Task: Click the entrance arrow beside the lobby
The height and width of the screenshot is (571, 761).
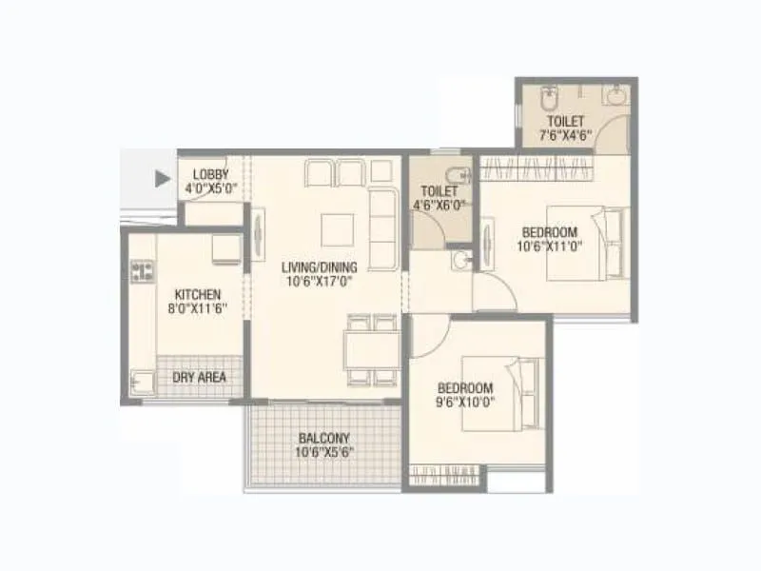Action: [163, 176]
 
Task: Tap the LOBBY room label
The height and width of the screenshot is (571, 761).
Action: [210, 174]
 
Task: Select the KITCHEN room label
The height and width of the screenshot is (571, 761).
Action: [198, 295]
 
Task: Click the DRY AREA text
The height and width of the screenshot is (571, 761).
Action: [200, 378]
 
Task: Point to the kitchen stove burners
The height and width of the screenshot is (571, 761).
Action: [142, 271]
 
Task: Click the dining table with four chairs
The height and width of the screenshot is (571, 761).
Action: [371, 349]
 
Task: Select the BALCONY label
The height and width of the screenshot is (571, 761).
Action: [323, 439]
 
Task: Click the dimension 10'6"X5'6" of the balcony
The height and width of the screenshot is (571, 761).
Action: [323, 453]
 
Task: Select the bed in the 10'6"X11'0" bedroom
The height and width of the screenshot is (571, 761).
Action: [587, 246]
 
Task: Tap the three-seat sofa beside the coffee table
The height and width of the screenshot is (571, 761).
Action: [383, 228]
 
